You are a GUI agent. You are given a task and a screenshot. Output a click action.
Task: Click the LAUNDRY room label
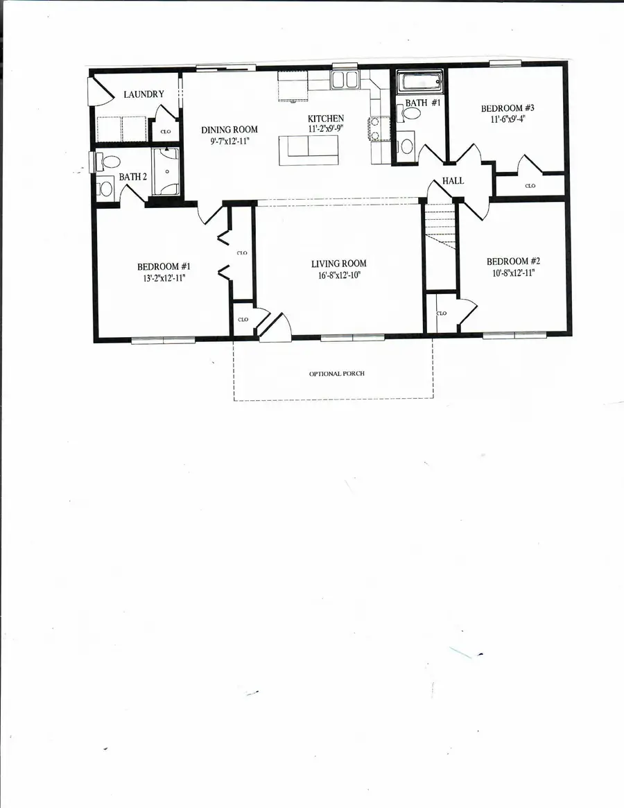(144, 95)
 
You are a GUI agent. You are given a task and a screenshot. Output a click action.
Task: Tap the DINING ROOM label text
(229, 130)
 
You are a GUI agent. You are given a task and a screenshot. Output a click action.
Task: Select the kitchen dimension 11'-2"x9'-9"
(325, 129)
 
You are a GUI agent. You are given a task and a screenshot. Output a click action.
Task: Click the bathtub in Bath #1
(419, 85)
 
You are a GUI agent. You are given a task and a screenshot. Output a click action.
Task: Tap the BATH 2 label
(133, 178)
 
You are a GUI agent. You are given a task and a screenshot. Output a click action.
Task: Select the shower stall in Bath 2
(166, 172)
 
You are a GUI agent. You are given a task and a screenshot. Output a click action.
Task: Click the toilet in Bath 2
(110, 162)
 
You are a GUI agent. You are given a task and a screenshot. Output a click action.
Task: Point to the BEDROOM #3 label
(508, 108)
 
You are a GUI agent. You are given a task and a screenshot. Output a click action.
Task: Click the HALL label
(453, 182)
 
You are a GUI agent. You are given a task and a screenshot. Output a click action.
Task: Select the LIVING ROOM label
(338, 264)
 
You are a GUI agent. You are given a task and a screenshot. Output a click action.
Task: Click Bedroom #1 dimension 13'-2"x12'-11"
(164, 277)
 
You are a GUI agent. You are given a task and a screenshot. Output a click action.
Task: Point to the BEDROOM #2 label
(513, 261)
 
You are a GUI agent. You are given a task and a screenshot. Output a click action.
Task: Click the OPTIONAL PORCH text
(336, 374)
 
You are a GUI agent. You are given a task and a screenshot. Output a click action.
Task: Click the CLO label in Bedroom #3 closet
(530, 186)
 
